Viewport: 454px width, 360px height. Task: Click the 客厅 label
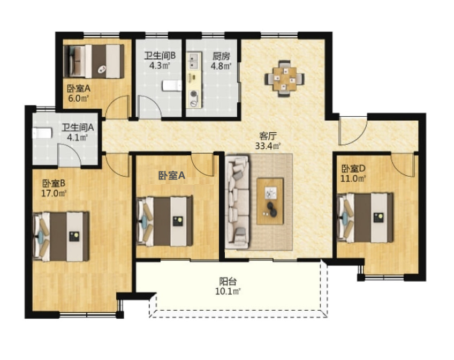pos(268,136)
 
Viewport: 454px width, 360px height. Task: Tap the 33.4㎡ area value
pos(268,146)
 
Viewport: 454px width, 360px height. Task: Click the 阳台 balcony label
pos(228,281)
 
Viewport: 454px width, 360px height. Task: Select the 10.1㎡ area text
pos(228,291)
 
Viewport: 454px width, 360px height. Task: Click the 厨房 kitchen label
pos(221,56)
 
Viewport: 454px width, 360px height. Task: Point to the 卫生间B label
pos(160,56)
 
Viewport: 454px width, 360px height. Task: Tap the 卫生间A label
pos(78,127)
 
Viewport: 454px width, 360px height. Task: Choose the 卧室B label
pos(54,183)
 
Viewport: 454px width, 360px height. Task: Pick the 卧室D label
pos(353,168)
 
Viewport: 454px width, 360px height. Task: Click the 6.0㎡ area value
pos(78,98)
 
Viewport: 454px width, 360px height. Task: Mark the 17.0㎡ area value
pos(54,193)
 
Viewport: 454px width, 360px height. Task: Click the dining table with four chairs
pos(285,79)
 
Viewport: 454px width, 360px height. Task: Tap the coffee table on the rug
pos(270,201)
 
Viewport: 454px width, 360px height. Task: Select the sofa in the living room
pos(237,202)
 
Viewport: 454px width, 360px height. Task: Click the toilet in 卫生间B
pos(172,86)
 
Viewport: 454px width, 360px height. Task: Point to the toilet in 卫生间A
pos(42,133)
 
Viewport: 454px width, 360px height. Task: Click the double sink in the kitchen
pos(194,61)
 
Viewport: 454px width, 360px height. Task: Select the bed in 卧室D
pos(365,217)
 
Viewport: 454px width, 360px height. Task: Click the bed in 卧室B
pos(61,236)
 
